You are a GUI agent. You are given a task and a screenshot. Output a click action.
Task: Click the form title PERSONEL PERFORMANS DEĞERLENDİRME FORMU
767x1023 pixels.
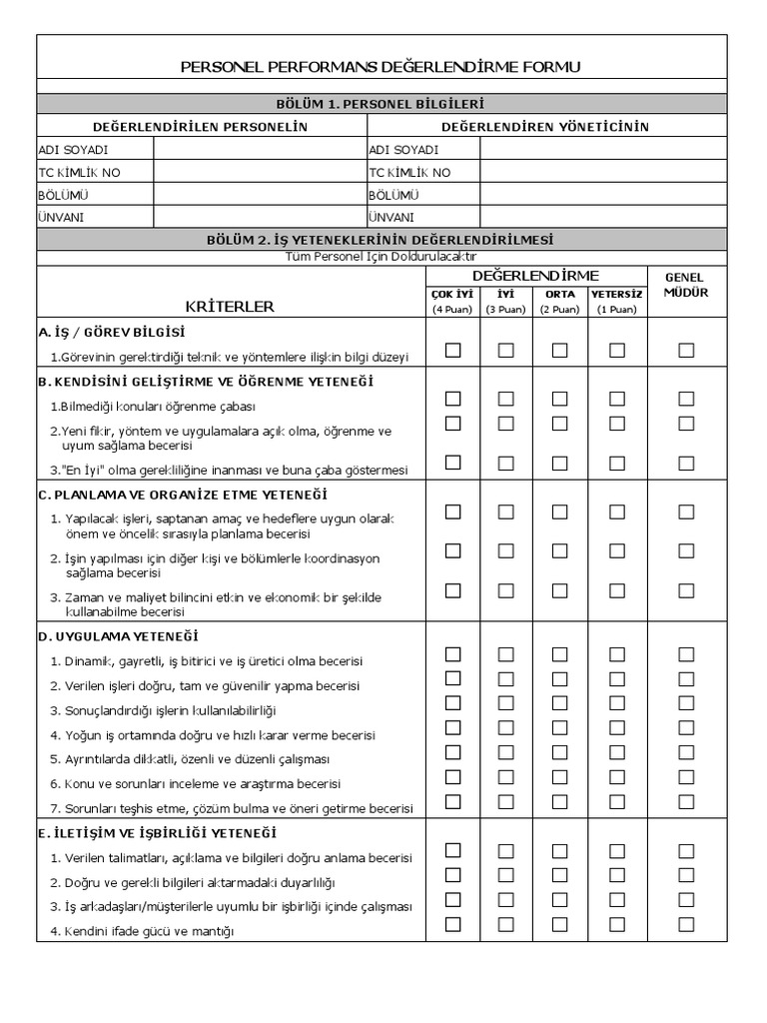(380, 67)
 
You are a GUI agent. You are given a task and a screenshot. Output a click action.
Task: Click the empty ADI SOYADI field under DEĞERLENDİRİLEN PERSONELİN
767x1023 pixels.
(260, 149)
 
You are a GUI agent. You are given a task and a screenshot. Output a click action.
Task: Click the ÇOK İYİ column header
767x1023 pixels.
(452, 295)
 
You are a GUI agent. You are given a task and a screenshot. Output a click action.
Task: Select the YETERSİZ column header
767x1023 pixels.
(616, 295)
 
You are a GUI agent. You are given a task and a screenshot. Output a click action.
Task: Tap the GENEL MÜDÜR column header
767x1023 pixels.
(686, 285)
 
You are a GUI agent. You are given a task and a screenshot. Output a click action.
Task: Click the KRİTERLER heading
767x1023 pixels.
(229, 307)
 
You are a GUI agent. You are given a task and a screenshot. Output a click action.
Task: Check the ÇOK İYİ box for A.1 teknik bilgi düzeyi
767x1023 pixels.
(453, 350)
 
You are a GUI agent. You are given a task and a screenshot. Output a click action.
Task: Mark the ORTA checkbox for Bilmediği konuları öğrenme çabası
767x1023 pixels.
(559, 399)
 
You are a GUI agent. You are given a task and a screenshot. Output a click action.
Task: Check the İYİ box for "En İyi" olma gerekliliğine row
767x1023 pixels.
(506, 462)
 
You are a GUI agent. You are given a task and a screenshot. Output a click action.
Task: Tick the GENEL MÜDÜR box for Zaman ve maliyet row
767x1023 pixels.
(686, 590)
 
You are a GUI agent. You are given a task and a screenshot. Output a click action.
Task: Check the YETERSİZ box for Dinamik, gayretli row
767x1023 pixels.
(617, 654)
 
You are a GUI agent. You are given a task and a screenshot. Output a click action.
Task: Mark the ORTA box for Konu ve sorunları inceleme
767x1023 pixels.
(559, 776)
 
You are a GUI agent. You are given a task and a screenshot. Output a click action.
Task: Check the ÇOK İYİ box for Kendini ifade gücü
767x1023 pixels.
(453, 924)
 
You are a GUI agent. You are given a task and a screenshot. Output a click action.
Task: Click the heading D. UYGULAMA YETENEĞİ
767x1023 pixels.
(118, 636)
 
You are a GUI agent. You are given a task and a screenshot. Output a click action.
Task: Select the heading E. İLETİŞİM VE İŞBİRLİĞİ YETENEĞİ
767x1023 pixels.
(157, 833)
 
